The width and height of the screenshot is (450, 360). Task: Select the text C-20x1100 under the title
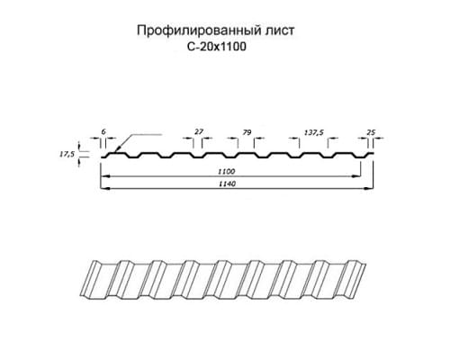pyautogui.click(x=216, y=47)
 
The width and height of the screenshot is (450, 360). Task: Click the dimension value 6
pyautogui.click(x=103, y=131)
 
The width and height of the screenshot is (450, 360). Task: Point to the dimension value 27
pyautogui.click(x=199, y=131)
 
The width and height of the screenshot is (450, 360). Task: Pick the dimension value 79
pyautogui.click(x=247, y=132)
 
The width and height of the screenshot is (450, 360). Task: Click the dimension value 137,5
pyautogui.click(x=314, y=132)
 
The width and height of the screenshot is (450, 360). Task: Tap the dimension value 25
pyautogui.click(x=371, y=132)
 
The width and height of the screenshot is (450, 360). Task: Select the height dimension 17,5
pyautogui.click(x=66, y=155)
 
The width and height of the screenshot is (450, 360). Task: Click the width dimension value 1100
pyautogui.click(x=226, y=172)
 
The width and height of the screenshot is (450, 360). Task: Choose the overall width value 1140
pyautogui.click(x=227, y=184)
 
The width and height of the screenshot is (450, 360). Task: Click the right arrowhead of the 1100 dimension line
pyautogui.click(x=356, y=176)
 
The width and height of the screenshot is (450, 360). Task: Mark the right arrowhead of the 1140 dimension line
pyautogui.click(x=369, y=189)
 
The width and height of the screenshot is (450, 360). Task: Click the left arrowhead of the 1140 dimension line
pyautogui.click(x=105, y=189)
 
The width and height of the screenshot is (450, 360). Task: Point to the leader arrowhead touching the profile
pyautogui.click(x=118, y=148)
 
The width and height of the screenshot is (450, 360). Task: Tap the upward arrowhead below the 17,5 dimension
pyautogui.click(x=79, y=162)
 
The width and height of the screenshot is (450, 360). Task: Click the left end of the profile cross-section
pyautogui.click(x=101, y=157)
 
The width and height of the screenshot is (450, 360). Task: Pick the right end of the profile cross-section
pyautogui.click(x=373, y=154)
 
